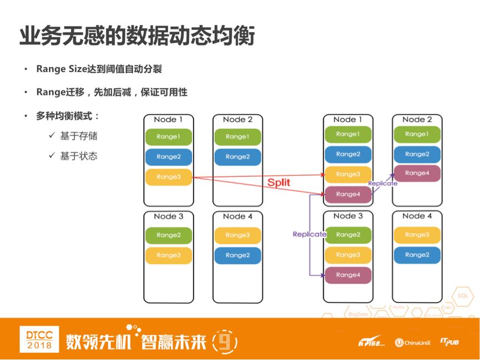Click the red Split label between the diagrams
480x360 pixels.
coord(279,182)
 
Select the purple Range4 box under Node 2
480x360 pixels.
coord(417,173)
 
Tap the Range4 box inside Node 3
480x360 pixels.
coord(348,275)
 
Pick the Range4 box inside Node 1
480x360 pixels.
coord(348,194)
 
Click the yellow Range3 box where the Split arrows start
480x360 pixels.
coord(168,177)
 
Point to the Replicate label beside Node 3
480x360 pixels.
coord(310,234)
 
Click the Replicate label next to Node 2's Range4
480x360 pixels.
coord(383,183)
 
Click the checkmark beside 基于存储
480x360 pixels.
coord(52,135)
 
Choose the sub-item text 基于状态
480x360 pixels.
coord(79,156)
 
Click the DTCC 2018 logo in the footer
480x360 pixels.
coord(39,339)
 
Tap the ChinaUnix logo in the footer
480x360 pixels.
coord(412,342)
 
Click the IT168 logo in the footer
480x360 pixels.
coord(371,342)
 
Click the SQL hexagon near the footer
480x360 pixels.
coord(463,296)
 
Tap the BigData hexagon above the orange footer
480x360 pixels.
coord(358,315)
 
